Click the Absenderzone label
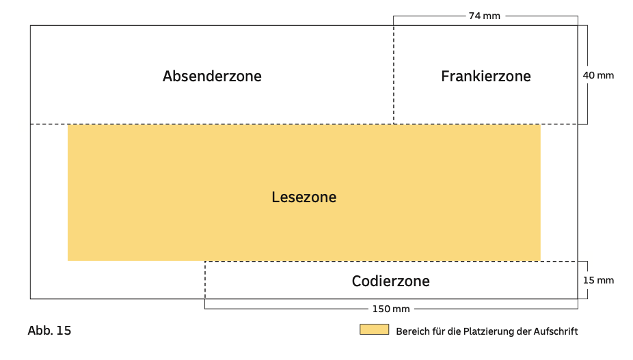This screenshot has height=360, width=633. tap(212, 76)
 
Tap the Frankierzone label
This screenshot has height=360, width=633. tap(485, 76)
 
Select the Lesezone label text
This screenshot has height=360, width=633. tap(304, 197)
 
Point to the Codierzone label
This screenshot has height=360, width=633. tap(390, 281)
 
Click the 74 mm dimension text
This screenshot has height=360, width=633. tap(484, 15)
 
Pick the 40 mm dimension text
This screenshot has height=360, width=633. tap(598, 75)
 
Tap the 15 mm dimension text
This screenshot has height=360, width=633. tap(598, 280)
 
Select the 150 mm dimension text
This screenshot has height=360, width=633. tap(391, 309)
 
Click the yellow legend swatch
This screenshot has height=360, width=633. tap(374, 329)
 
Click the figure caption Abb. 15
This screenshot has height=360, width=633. tap(49, 331)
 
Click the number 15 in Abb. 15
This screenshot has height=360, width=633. tap(63, 331)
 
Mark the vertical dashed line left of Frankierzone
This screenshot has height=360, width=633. tap(393, 75)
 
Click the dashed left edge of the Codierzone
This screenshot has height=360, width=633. tap(204, 280)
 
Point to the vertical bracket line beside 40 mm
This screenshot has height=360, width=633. tap(587, 75)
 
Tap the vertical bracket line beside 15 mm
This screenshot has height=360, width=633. tap(587, 280)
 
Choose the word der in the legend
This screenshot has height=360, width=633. tap(522, 331)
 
